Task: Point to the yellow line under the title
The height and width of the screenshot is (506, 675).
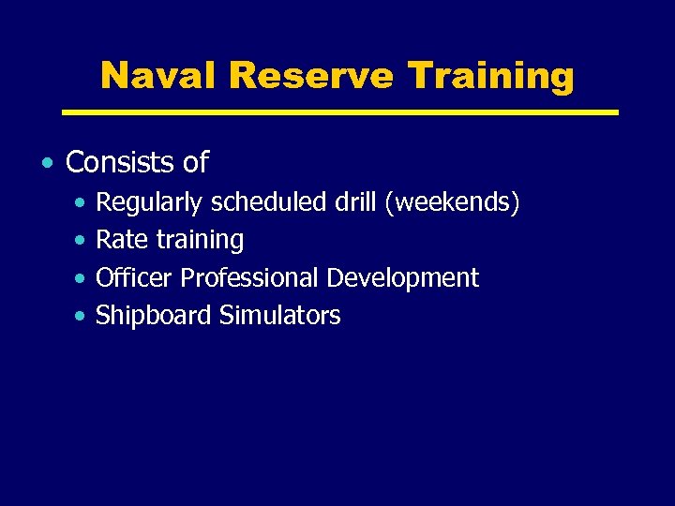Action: [339, 112]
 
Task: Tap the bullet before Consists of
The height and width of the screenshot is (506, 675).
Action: [47, 164]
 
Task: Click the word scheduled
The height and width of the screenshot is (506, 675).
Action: [272, 202]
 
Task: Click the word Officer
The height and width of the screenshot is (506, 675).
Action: [135, 278]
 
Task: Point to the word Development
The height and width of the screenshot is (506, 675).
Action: [403, 279]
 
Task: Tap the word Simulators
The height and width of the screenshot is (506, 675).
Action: [279, 316]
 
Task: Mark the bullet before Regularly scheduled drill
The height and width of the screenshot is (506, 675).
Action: [82, 203]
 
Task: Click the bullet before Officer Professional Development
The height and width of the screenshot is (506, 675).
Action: [82, 279]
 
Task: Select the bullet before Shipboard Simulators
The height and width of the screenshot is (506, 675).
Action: [82, 317]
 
